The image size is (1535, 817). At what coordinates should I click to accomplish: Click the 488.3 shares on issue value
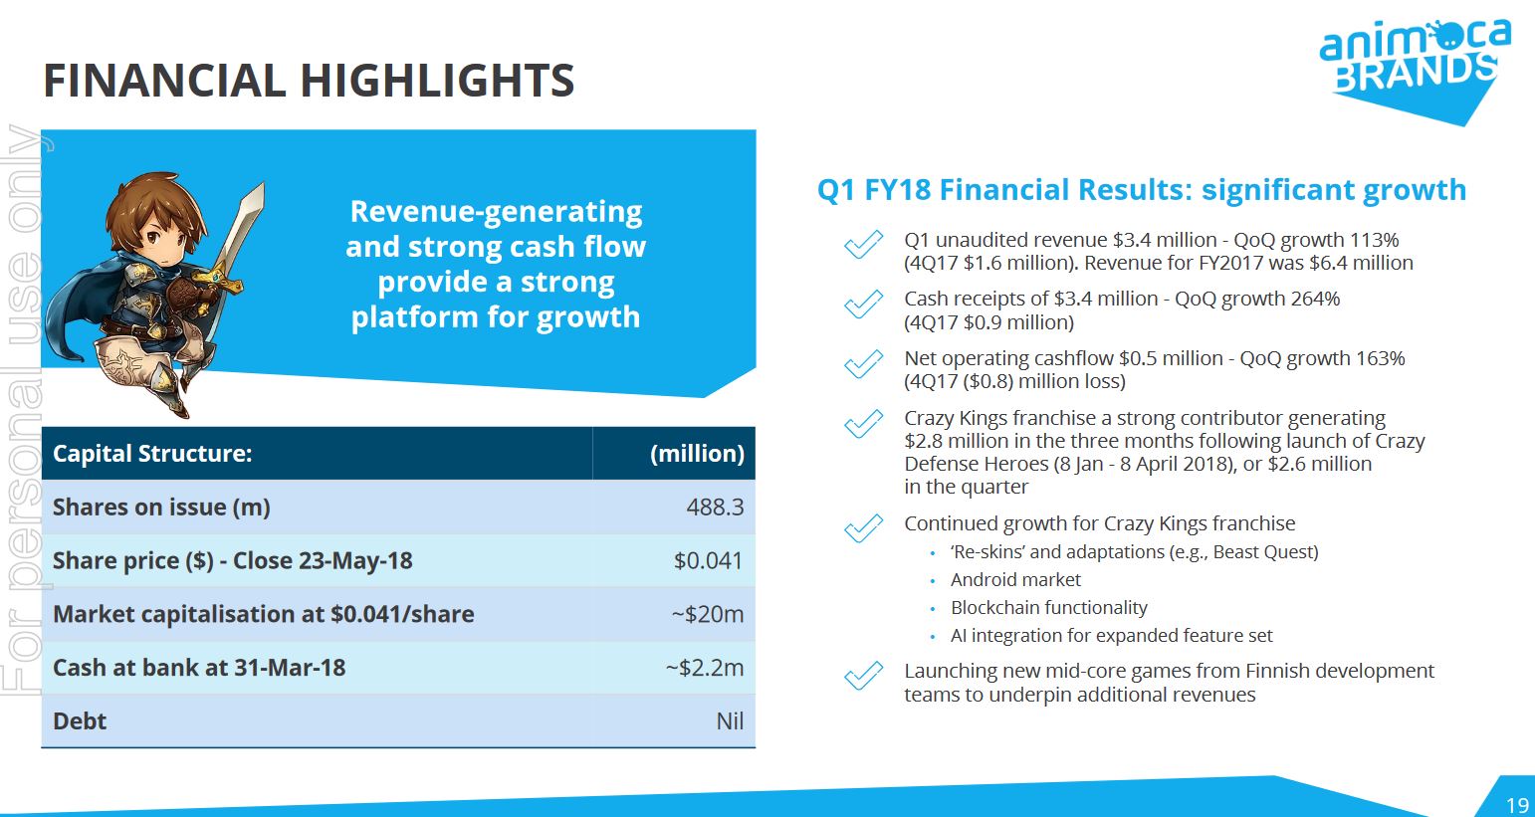tap(714, 508)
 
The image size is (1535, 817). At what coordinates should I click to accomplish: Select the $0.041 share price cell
tap(708, 561)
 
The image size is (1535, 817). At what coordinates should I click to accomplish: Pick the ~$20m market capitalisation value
tap(707, 615)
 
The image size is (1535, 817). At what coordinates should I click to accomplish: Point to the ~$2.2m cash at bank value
tap(704, 668)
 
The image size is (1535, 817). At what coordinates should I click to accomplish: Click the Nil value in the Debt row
tap(729, 721)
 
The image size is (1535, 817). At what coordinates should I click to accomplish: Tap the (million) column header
tap(697, 454)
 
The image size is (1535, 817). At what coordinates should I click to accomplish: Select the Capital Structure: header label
tap(152, 454)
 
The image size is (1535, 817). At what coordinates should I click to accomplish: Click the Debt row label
tap(80, 721)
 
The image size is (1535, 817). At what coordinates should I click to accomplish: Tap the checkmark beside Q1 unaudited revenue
tap(863, 245)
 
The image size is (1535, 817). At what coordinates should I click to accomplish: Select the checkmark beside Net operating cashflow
tap(863, 364)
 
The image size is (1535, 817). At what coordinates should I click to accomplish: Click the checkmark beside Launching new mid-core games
tap(863, 677)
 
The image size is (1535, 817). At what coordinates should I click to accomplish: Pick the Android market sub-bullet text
tap(1015, 580)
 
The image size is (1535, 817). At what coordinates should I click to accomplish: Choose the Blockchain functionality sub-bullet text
tap(1048, 608)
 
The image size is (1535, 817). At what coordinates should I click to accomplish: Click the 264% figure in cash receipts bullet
tap(1315, 299)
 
